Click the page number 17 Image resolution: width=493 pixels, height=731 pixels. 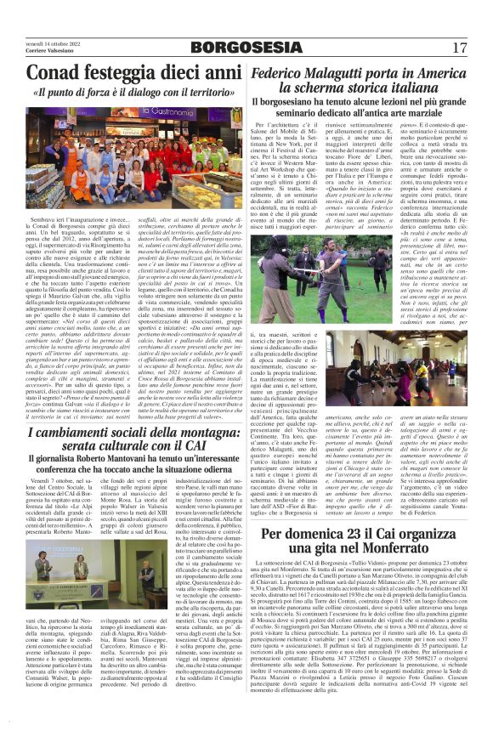(x=458, y=47)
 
